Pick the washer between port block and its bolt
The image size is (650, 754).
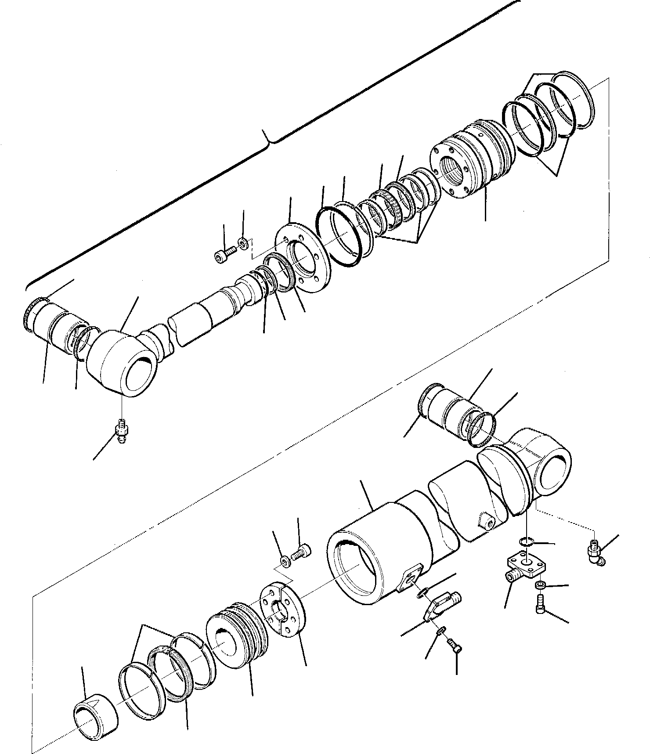(540, 585)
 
